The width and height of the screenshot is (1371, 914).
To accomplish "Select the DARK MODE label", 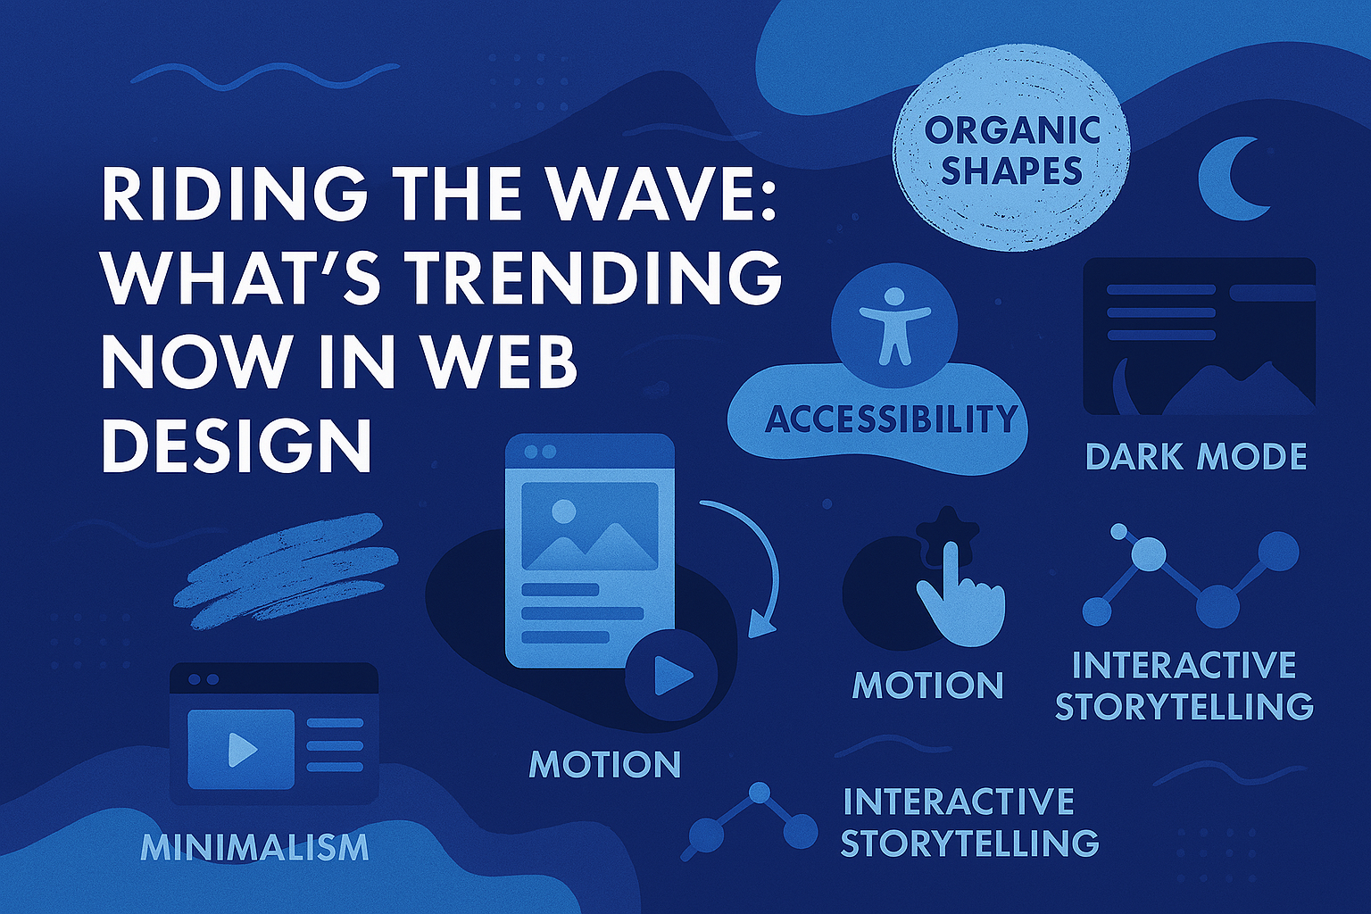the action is click(1196, 457).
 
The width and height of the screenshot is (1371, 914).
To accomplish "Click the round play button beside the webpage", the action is click(671, 676).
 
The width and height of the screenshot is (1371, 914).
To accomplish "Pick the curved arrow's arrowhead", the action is click(760, 625).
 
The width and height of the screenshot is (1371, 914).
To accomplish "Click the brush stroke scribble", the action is click(286, 572).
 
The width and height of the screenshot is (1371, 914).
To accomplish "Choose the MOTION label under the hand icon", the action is click(928, 685).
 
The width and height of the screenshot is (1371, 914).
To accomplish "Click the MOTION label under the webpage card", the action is click(604, 763).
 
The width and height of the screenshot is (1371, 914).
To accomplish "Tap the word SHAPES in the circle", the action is click(1011, 170).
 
